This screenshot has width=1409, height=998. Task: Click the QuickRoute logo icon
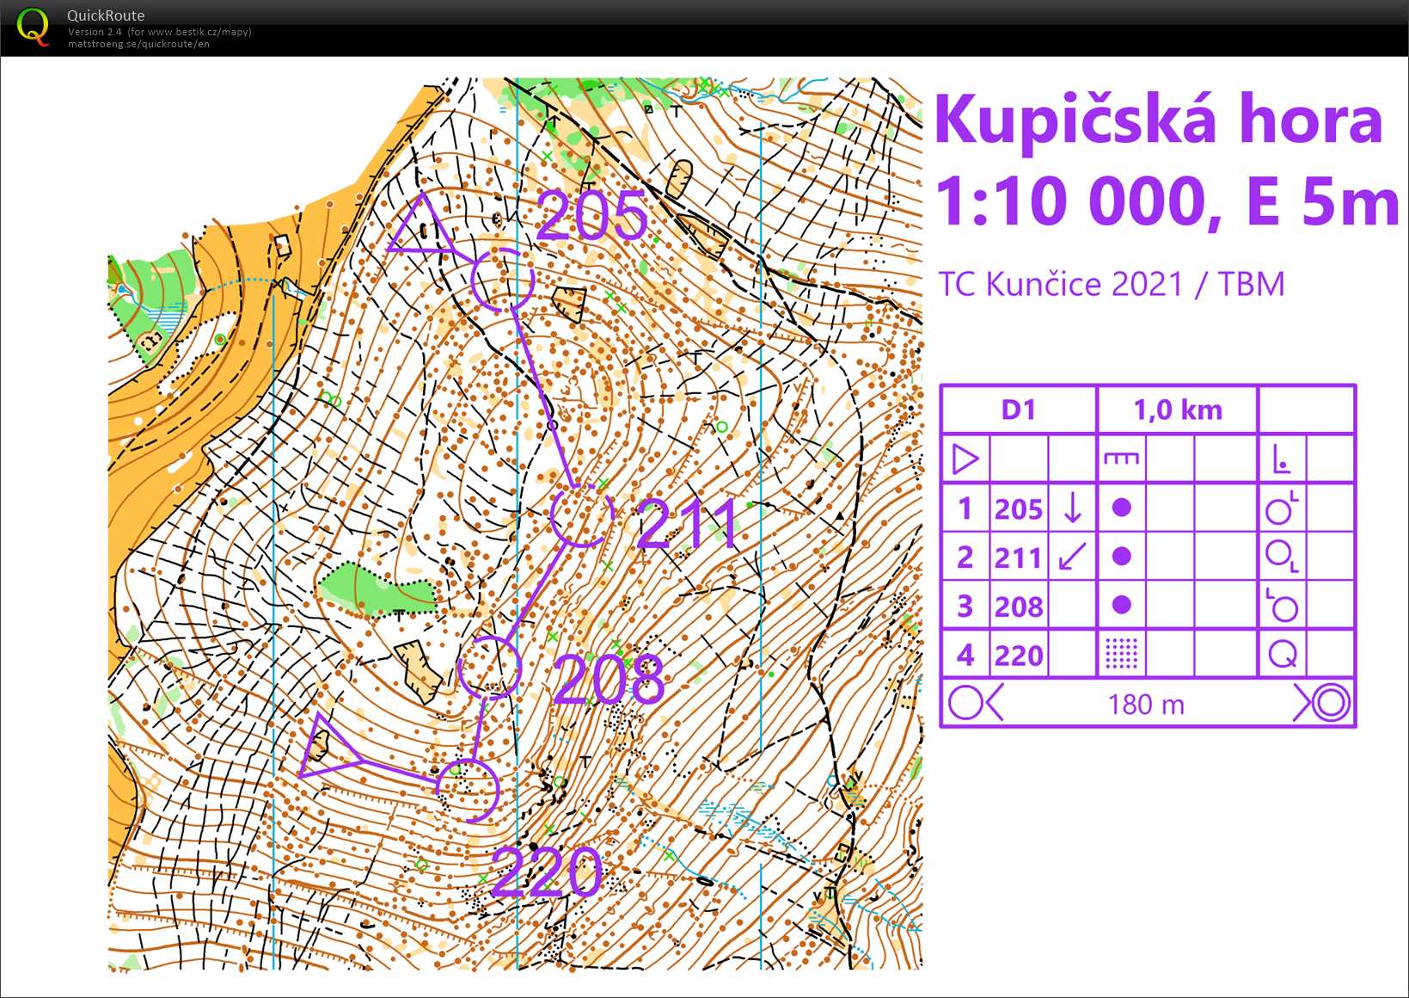pyautogui.click(x=33, y=27)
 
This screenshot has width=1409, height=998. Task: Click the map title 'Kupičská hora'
pyautogui.click(x=1158, y=121)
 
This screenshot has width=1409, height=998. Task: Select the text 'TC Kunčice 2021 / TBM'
pyautogui.click(x=1111, y=284)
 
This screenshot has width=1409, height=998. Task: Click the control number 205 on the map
pyautogui.click(x=592, y=216)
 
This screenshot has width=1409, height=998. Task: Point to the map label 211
pyautogui.click(x=688, y=524)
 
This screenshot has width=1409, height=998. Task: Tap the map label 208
pyautogui.click(x=609, y=680)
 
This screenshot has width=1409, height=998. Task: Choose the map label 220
pyautogui.click(x=547, y=872)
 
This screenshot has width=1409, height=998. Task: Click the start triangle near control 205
pyautogui.click(x=421, y=225)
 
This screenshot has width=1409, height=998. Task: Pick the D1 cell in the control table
pyautogui.click(x=1018, y=410)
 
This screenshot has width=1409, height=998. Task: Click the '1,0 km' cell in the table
pyautogui.click(x=1177, y=410)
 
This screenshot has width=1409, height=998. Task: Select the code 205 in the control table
pyautogui.click(x=1018, y=509)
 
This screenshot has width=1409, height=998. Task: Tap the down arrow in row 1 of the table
pyautogui.click(x=1072, y=508)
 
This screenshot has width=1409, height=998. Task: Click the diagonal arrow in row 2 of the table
pyautogui.click(x=1072, y=557)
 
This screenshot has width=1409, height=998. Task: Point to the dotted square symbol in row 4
pyautogui.click(x=1121, y=654)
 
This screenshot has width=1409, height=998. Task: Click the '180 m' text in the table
pyautogui.click(x=1146, y=705)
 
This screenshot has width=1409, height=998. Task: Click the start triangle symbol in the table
pyautogui.click(x=965, y=459)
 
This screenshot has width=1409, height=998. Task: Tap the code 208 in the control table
pyautogui.click(x=1018, y=607)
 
